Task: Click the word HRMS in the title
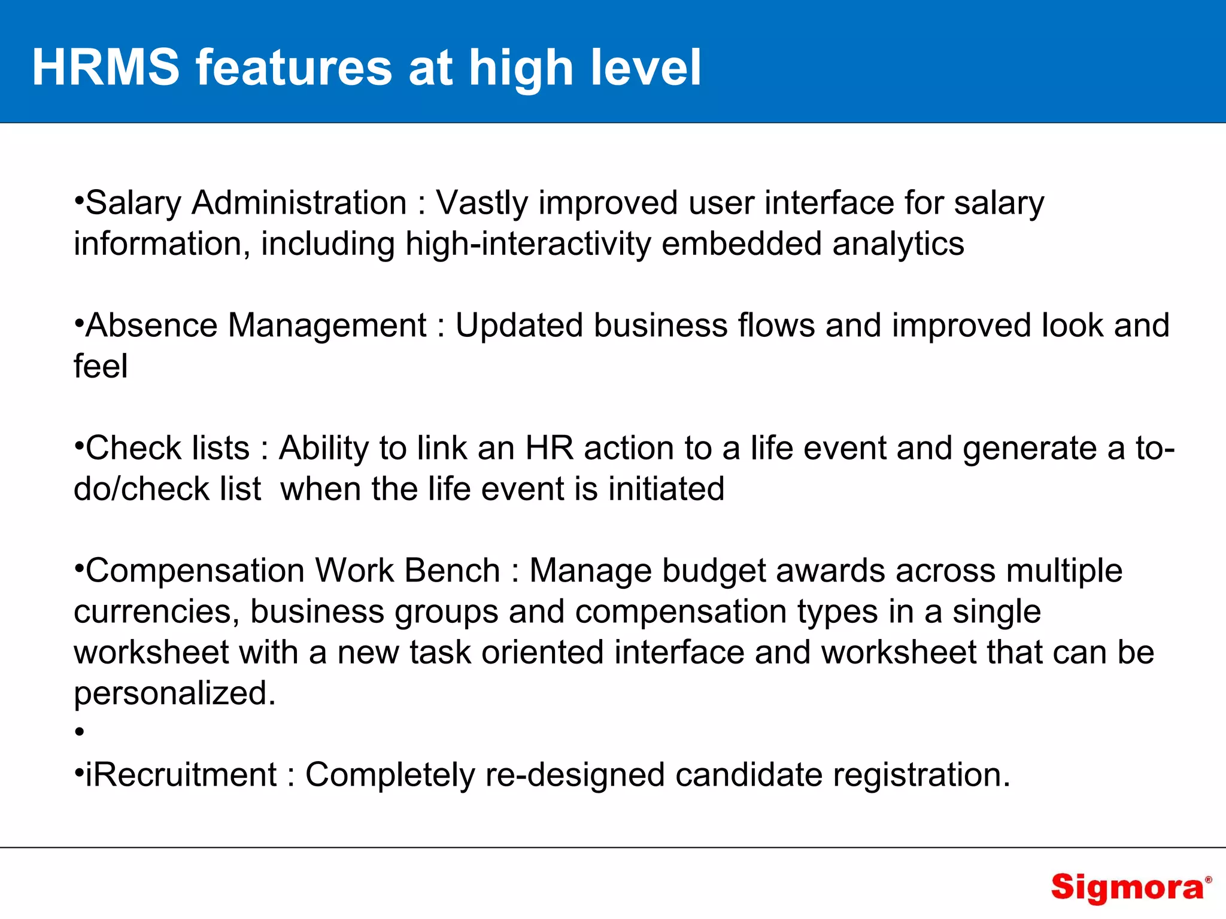pos(105,68)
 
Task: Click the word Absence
pos(151,325)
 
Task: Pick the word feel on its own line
pos(101,366)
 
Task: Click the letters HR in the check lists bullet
pos(549,448)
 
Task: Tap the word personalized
pos(174,693)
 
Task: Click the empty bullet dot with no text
pos(79,732)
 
